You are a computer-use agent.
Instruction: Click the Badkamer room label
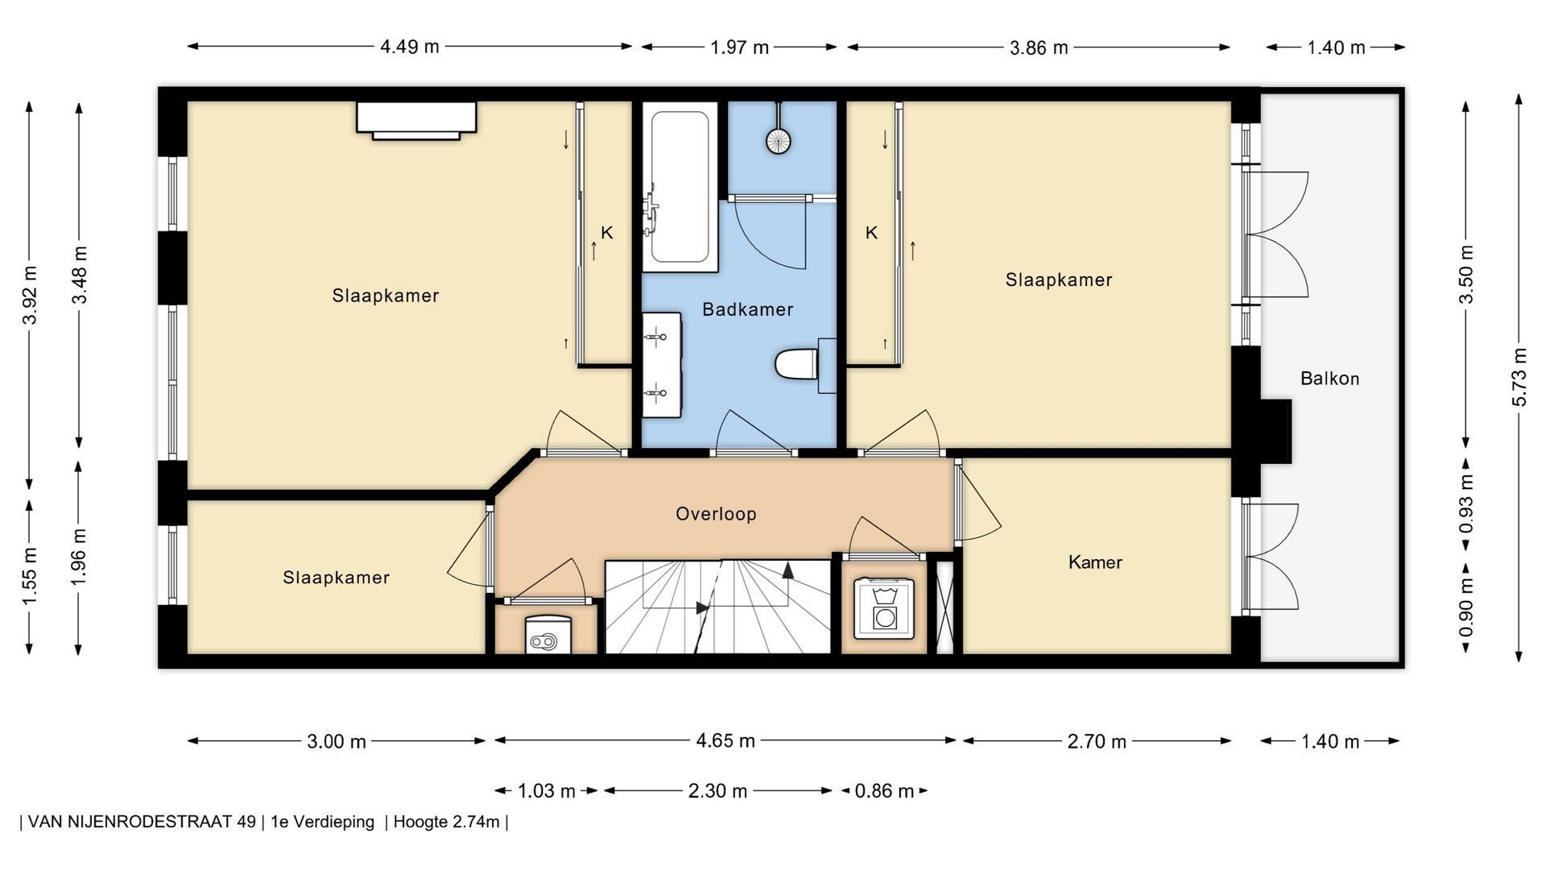coord(747,309)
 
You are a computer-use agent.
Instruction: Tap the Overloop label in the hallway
coord(716,514)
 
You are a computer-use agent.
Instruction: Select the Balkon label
coord(1329,379)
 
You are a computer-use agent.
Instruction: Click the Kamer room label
coord(1095,562)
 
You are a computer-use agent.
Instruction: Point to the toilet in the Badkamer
coord(797,364)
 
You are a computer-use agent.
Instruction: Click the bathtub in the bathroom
coord(680,187)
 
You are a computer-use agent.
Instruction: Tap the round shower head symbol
coord(778,142)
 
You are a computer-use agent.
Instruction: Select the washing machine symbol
coord(883,608)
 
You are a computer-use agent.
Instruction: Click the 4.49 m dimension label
coord(410,47)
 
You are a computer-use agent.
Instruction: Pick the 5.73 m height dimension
coord(1519,377)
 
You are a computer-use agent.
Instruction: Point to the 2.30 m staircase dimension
coord(717,791)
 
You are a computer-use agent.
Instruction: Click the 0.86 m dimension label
coord(884,791)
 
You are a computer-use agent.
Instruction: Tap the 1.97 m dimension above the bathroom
coord(739,48)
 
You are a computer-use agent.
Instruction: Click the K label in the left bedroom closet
coord(607,234)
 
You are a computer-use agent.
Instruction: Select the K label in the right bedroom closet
coord(871,234)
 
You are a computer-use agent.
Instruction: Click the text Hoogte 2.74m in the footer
coord(446,822)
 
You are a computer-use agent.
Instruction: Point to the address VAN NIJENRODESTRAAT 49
coord(142,822)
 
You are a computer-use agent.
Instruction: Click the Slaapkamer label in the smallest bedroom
coord(336,578)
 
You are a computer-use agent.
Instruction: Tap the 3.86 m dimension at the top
coord(1039,48)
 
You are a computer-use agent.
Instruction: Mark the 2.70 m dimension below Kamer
coord(1097,742)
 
